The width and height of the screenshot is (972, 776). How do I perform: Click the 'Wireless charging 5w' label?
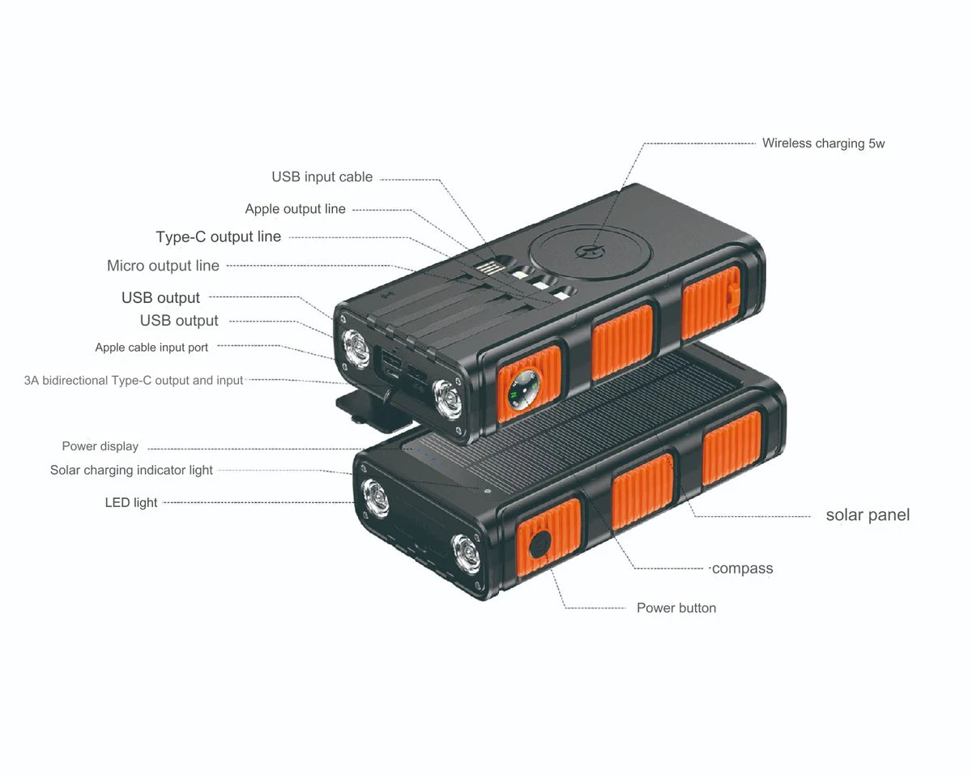[823, 143]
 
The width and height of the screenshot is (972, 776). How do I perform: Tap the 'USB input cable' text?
[322, 177]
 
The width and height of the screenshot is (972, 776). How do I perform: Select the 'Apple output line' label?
[295, 209]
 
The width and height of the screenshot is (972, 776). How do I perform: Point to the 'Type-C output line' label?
[218, 237]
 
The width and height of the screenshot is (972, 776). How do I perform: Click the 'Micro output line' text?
[163, 266]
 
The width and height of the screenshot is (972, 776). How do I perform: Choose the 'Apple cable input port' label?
[151, 347]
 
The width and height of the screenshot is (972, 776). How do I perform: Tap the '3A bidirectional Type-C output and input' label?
[134, 380]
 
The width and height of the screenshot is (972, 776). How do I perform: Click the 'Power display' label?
[100, 446]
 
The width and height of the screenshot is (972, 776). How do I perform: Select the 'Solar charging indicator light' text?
[131, 470]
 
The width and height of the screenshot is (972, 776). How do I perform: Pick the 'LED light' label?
[131, 502]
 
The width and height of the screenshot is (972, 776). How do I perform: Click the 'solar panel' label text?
[868, 515]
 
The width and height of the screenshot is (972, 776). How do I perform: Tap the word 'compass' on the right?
[742, 569]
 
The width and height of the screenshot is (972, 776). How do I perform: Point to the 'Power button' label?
[676, 608]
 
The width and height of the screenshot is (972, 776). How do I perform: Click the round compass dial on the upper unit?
[518, 390]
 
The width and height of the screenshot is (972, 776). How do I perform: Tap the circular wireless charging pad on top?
[586, 251]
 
